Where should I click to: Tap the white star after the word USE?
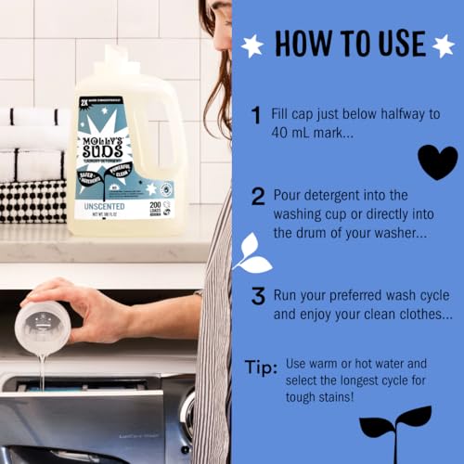[443, 44]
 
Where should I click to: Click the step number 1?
[256, 115]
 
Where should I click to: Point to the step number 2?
[257, 196]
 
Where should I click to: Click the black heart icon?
[437, 162]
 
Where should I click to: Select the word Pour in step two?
[290, 196]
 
